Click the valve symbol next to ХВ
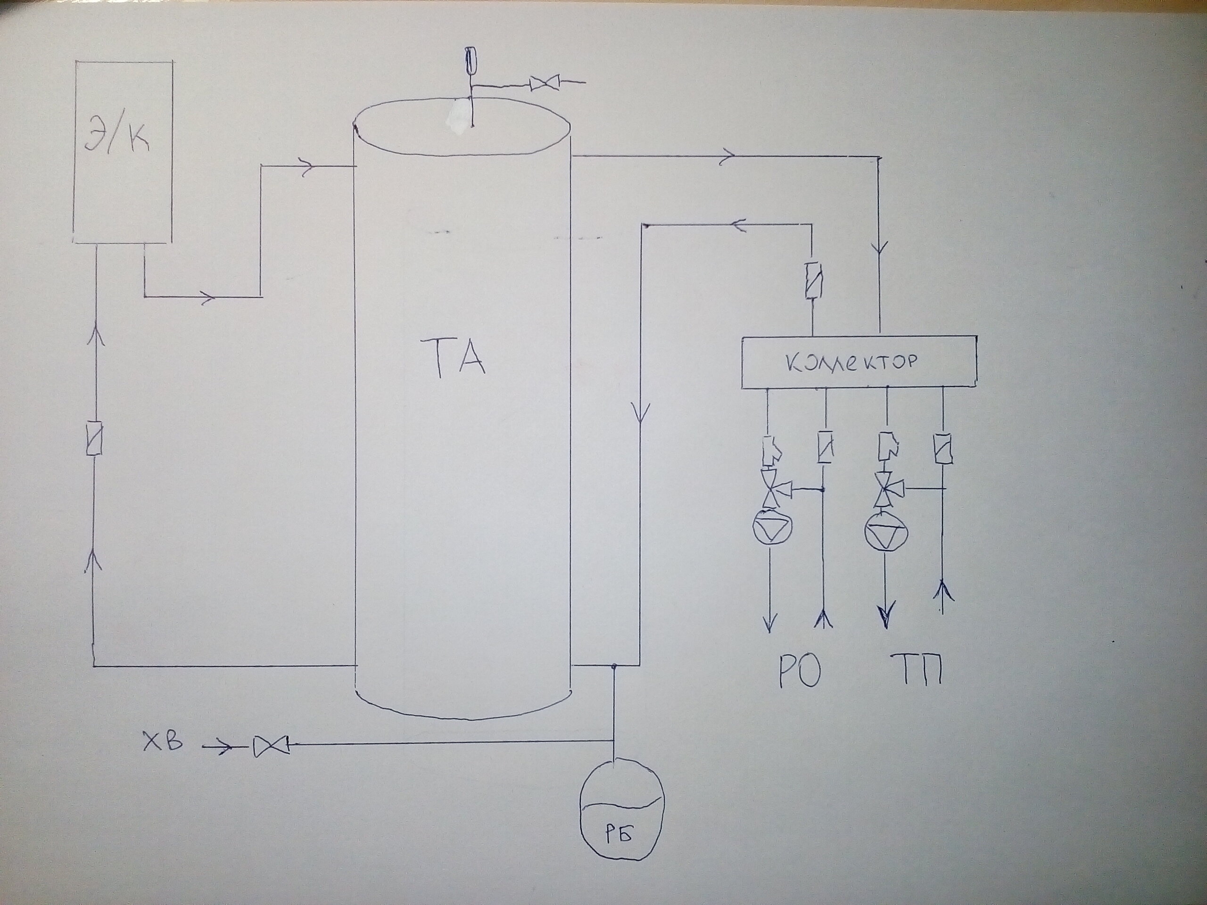271,746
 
